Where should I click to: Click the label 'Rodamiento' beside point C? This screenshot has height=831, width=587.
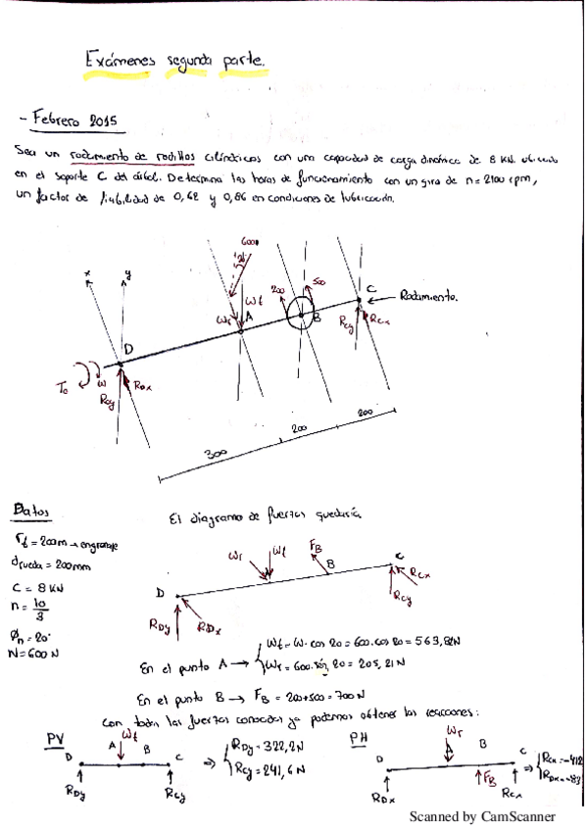click(x=428, y=295)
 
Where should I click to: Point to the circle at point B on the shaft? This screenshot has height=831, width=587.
click(x=301, y=315)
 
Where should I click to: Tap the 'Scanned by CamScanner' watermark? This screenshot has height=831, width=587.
click(x=481, y=816)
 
